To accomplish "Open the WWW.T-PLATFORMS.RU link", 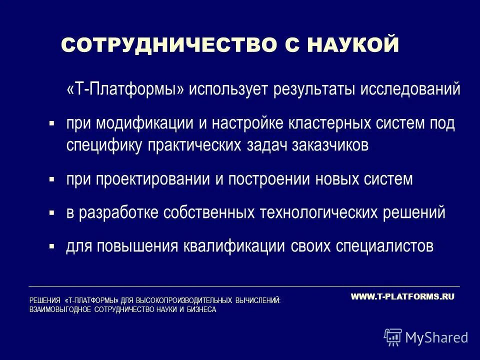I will coord(402,296).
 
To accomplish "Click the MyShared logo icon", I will coord(393,337).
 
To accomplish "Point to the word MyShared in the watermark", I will coord(437,337).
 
